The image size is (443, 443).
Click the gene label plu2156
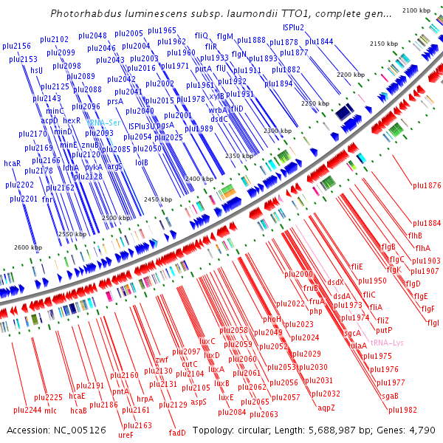(x=17, y=46)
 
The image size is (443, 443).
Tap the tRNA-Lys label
(x=385, y=343)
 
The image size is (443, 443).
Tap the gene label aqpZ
(x=326, y=407)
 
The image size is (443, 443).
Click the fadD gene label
(x=177, y=433)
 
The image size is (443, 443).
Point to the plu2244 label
(x=27, y=410)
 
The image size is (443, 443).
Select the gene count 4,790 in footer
(x=420, y=430)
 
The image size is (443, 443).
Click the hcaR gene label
(x=12, y=162)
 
